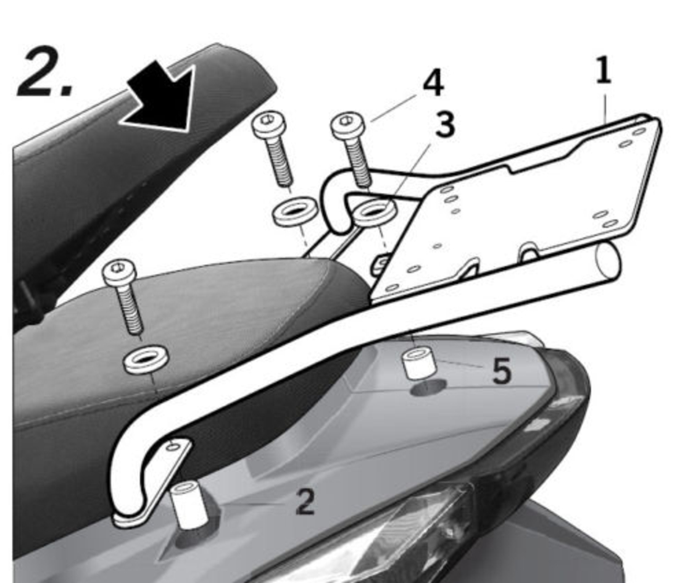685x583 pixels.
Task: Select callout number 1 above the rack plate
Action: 604,71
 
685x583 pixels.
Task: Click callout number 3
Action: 445,124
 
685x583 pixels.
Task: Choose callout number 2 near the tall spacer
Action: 304,501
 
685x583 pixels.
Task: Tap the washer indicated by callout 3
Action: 374,212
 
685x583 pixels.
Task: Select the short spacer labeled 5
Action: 419,363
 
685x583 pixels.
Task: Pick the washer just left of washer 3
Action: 295,211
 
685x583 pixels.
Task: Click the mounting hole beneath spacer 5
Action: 428,388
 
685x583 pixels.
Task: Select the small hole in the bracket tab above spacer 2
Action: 173,447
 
